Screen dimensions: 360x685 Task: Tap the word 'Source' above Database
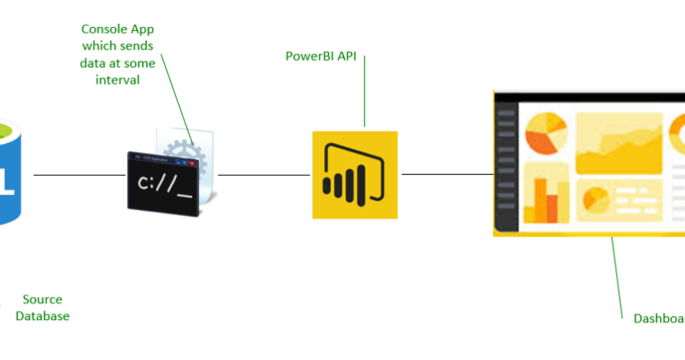(x=42, y=299)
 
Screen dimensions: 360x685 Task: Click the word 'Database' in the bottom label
(x=42, y=316)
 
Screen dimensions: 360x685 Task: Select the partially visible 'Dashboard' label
(x=659, y=319)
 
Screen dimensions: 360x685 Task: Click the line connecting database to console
(x=80, y=175)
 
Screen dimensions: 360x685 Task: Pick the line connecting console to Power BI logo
(x=263, y=175)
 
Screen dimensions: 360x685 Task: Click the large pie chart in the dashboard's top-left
(x=546, y=133)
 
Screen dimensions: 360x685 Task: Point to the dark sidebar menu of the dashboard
(x=506, y=164)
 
